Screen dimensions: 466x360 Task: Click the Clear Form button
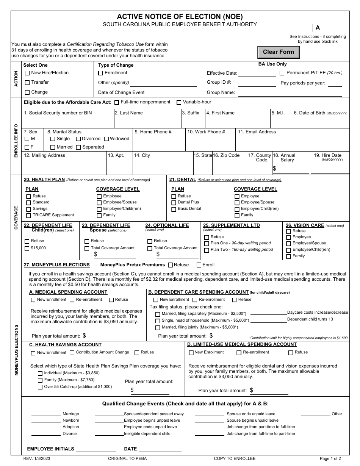(278, 52)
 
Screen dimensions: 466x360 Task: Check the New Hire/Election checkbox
(27, 73)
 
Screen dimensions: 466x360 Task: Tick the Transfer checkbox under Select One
(27, 83)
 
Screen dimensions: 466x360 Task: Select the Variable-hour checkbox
(179, 102)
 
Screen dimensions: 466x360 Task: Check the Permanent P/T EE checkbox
(282, 73)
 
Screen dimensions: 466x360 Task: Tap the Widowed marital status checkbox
(106, 139)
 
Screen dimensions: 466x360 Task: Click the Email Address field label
(257, 132)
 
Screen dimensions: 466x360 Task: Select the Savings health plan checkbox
(29, 209)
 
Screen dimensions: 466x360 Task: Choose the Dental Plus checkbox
(174, 203)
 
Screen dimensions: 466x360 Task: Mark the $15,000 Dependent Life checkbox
(27, 249)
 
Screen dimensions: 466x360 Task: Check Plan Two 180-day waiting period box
(207, 250)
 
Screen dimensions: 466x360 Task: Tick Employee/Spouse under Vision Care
(288, 244)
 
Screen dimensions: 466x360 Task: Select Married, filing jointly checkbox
(158, 327)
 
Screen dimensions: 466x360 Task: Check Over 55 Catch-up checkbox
(40, 387)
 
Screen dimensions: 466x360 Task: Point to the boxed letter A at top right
(318, 28)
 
